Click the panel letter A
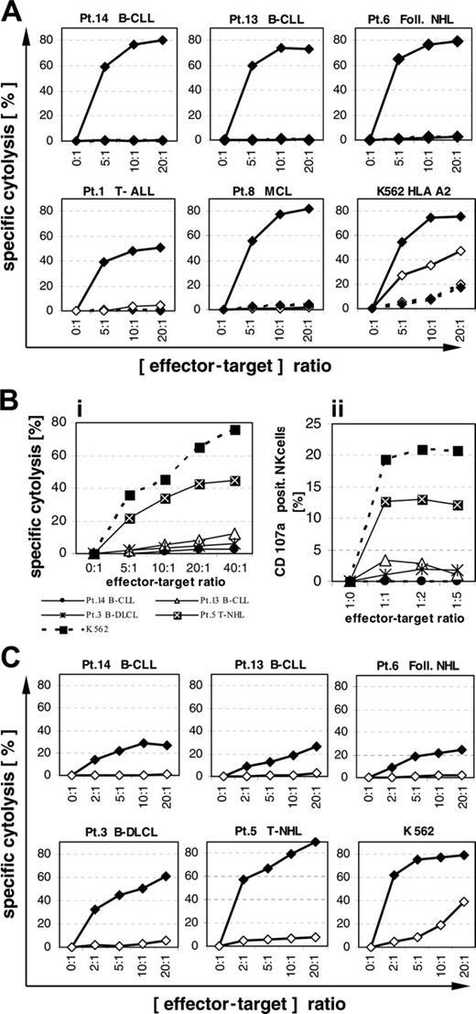pyautogui.click(x=16, y=13)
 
